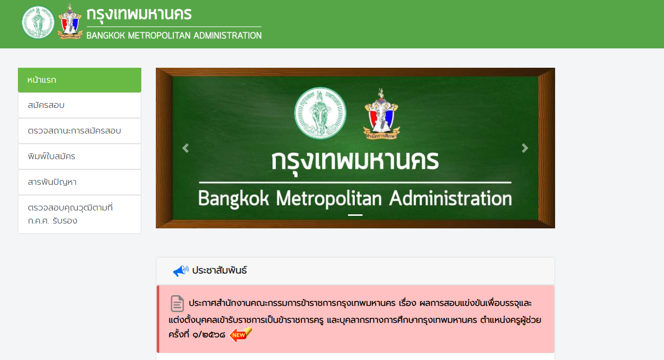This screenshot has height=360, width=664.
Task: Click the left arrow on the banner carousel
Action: click(x=185, y=148)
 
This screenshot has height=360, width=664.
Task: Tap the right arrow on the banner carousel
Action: click(x=525, y=148)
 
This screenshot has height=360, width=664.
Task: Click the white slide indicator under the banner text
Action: click(x=355, y=215)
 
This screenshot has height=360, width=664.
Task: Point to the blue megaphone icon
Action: click(x=181, y=271)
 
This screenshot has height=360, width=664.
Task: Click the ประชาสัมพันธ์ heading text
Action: click(x=219, y=270)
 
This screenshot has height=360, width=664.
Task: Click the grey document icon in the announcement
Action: click(x=177, y=303)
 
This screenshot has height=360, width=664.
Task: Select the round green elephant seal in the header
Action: click(x=38, y=22)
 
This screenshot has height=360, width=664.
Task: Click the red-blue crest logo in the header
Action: click(x=70, y=22)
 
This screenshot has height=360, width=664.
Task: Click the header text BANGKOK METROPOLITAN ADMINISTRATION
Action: click(x=174, y=35)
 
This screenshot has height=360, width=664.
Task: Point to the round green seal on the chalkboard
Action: click(x=320, y=113)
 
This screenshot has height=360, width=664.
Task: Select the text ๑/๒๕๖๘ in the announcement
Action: click(x=209, y=334)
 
